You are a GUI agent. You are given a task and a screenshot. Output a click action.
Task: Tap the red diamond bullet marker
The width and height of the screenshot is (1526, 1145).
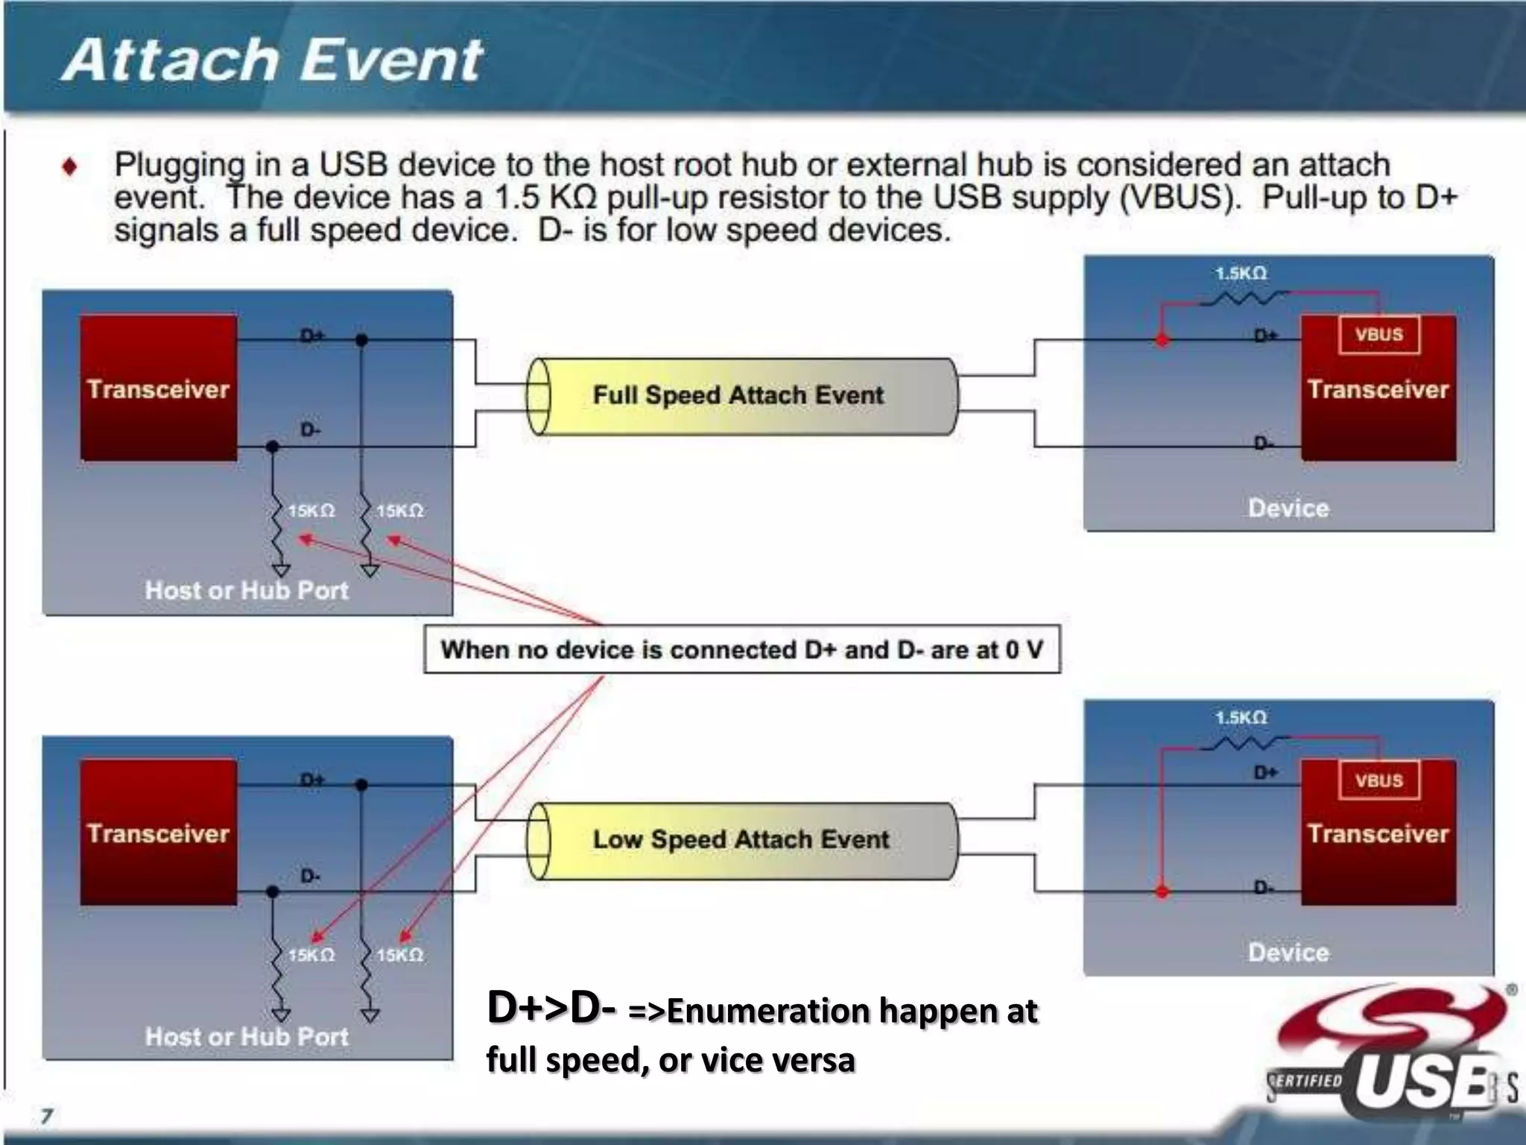pos(70,165)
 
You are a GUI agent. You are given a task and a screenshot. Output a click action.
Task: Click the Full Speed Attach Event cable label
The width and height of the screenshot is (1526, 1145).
pos(738,395)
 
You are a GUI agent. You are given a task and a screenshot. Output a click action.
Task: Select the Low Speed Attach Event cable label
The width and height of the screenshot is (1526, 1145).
pos(741,839)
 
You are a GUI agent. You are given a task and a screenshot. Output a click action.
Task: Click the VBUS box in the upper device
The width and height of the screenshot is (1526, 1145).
pos(1378,335)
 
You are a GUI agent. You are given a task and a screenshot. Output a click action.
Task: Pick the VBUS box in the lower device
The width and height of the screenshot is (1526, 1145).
pos(1378,780)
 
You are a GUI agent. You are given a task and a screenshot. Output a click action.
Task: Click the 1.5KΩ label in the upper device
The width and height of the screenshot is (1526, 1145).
pos(1241,274)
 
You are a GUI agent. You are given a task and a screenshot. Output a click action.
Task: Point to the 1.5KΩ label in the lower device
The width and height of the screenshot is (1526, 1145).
pos(1241,718)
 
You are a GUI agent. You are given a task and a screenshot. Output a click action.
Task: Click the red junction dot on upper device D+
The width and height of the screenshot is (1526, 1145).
pos(1162,340)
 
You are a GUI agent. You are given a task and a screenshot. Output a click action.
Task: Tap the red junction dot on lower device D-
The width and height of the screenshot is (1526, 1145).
pos(1162,891)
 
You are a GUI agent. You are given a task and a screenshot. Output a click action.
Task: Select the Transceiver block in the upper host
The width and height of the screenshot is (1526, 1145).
pos(159,388)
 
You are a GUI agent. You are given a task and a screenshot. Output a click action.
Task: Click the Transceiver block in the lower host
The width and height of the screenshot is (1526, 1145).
pos(159,833)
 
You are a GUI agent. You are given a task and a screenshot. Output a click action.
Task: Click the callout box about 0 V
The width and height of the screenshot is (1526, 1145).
pos(741,649)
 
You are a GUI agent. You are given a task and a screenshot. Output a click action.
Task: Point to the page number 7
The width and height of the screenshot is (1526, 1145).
pos(47,1116)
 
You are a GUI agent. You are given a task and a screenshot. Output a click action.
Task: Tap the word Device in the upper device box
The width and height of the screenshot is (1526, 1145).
pos(1288,508)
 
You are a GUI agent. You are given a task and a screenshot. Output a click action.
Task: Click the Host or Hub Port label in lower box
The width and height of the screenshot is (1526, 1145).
pos(247,1036)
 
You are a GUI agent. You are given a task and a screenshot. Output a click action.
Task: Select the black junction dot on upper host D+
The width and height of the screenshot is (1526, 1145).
pos(361,340)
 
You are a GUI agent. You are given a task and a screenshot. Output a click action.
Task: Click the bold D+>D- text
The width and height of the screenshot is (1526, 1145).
pos(551,1008)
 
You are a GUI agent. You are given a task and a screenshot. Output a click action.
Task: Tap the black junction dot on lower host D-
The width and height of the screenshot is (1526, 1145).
pos(273,892)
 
